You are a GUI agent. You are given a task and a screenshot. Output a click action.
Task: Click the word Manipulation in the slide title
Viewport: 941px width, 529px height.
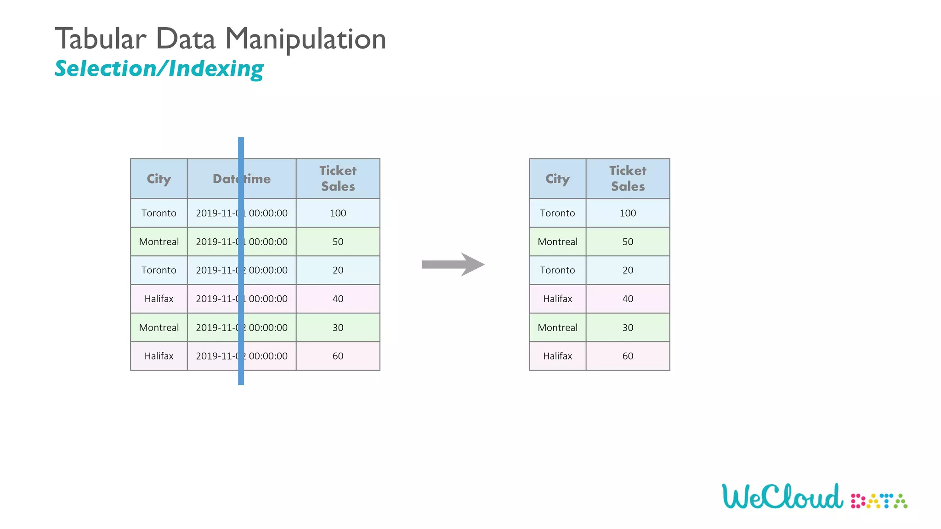click(x=306, y=39)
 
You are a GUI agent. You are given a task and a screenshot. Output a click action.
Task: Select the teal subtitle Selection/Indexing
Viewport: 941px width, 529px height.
click(x=159, y=69)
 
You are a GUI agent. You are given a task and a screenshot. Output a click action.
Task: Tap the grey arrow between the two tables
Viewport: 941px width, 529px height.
click(x=453, y=264)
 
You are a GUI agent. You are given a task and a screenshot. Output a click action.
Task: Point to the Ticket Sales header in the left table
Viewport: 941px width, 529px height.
click(x=338, y=179)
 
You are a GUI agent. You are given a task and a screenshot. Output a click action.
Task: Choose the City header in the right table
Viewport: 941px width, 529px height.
click(x=557, y=179)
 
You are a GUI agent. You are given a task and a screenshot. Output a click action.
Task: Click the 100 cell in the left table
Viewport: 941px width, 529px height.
click(x=338, y=213)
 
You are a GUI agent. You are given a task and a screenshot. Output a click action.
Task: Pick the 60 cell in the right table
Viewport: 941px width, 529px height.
click(x=628, y=356)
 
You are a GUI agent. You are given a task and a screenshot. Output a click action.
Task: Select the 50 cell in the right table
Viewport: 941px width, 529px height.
click(x=628, y=242)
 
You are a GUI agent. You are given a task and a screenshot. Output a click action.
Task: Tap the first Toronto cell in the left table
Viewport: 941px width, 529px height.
click(x=159, y=213)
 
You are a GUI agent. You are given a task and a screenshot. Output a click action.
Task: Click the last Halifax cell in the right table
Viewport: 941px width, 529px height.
click(x=557, y=356)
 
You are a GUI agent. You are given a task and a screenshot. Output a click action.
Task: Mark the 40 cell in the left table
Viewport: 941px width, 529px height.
click(x=338, y=299)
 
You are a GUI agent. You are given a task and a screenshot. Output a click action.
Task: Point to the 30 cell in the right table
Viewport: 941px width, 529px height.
click(x=628, y=327)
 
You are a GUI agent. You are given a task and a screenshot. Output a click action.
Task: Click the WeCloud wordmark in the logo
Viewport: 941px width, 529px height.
click(x=782, y=497)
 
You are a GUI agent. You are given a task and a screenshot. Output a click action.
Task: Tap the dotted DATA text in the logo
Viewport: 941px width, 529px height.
click(x=879, y=501)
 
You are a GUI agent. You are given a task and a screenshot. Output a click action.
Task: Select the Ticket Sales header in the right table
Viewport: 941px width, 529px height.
click(x=628, y=179)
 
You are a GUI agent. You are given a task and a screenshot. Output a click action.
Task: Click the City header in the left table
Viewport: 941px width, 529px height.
click(x=159, y=179)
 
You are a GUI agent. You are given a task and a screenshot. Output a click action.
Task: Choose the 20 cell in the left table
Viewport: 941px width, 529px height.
click(x=338, y=270)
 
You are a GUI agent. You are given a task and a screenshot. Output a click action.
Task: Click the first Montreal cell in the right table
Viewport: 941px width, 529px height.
click(x=557, y=242)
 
